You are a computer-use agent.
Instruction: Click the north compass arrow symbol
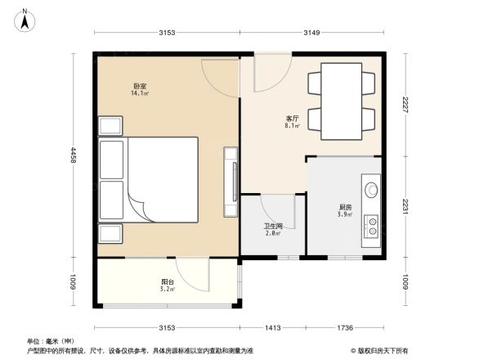(x=25, y=18)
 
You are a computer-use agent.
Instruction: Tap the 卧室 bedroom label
(x=139, y=86)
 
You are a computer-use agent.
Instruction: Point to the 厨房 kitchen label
(x=346, y=207)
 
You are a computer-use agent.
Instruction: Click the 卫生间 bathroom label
(x=273, y=225)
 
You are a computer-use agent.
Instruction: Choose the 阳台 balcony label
(x=166, y=282)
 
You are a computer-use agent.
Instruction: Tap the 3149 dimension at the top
(x=311, y=33)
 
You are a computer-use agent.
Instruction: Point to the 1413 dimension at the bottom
(x=273, y=327)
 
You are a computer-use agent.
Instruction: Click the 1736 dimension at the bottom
(x=346, y=327)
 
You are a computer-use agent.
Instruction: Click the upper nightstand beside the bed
(x=110, y=126)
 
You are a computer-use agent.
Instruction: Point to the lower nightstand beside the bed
(x=110, y=233)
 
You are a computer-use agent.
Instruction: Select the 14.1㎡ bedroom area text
(x=139, y=94)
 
